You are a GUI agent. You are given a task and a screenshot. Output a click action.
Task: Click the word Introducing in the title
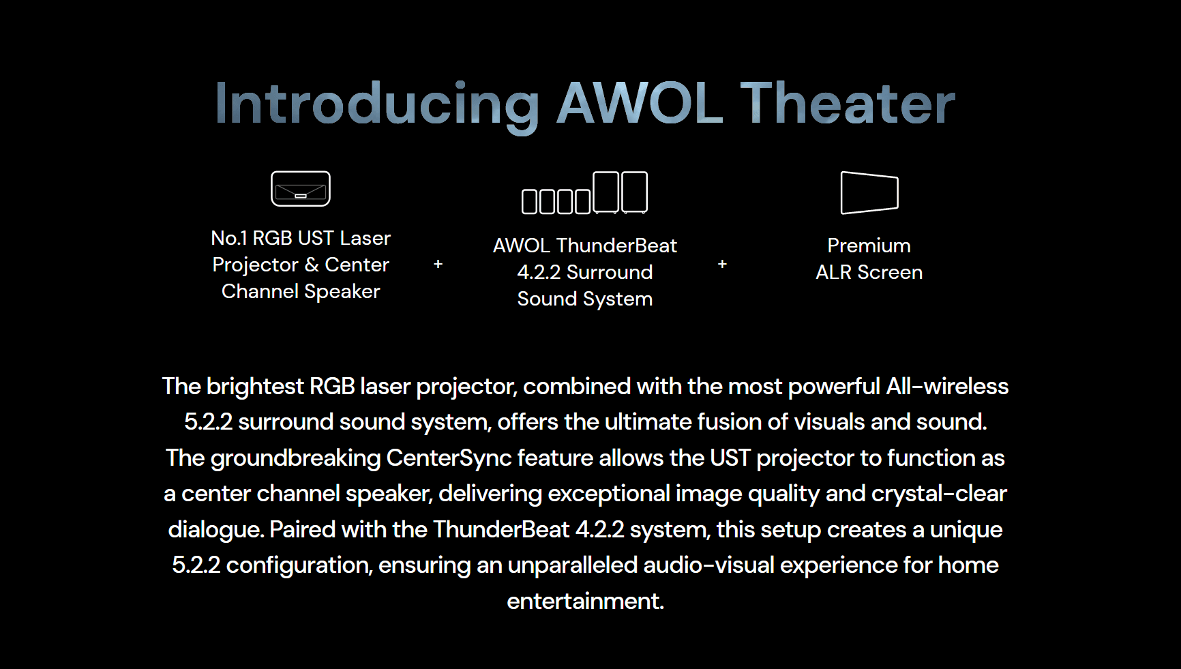click(377, 104)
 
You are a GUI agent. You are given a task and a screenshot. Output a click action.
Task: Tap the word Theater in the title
click(848, 103)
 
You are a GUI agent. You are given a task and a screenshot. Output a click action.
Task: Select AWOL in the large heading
click(640, 103)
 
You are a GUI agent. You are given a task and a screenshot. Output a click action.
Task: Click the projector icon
click(301, 189)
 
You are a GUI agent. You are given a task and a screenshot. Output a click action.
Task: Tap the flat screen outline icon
click(869, 193)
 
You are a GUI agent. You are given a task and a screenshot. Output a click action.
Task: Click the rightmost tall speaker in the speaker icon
click(634, 192)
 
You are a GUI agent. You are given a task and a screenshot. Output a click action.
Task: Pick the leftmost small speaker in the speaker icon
click(530, 202)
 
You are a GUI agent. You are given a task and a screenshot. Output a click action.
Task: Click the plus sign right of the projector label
click(438, 264)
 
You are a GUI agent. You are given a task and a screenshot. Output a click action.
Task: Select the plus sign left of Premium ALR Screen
click(722, 264)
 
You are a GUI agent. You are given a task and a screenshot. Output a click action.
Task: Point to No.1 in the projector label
click(229, 238)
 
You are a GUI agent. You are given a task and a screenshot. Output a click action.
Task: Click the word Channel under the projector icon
click(260, 291)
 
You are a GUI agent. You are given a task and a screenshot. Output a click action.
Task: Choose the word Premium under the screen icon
click(869, 246)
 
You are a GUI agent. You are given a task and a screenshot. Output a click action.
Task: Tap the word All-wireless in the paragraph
click(947, 387)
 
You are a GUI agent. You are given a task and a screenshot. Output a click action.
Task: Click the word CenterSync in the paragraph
click(449, 458)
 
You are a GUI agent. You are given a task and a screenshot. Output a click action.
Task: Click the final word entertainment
click(585, 601)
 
